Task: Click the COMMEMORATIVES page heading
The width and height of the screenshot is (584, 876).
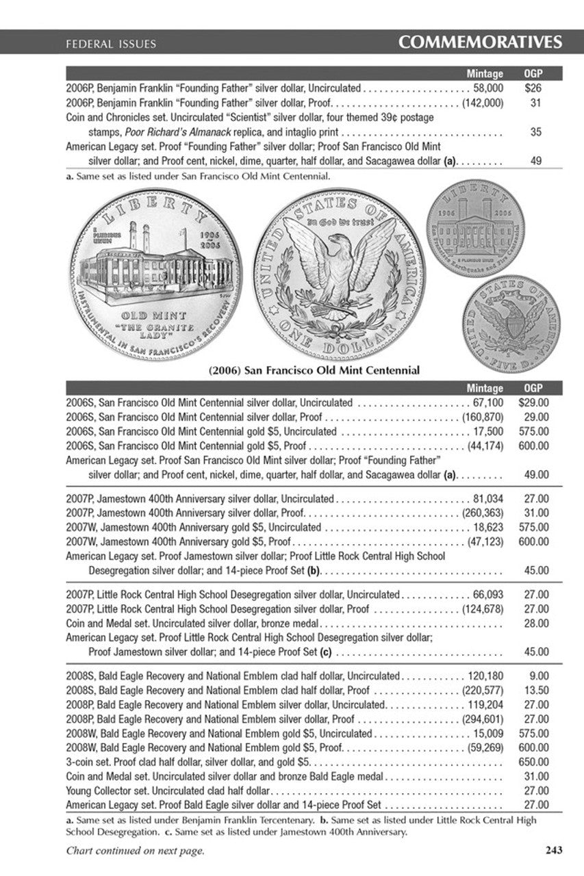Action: [x=480, y=42]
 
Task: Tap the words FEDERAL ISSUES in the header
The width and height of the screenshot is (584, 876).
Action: [x=111, y=44]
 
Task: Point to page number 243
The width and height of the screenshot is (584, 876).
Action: [x=554, y=851]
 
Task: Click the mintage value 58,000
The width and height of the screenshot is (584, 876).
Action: [x=488, y=88]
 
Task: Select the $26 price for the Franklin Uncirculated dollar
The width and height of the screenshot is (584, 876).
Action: [x=533, y=88]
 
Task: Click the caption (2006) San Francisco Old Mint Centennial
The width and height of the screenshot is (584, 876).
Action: [x=314, y=370]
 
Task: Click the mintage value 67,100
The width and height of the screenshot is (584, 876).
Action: [x=488, y=403]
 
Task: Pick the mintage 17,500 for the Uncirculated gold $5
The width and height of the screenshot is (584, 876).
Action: [x=488, y=431]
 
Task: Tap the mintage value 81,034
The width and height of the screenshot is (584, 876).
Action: [x=488, y=499]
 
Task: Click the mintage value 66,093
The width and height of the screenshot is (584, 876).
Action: [x=488, y=594]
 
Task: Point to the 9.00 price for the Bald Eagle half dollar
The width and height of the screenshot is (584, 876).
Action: [x=539, y=675]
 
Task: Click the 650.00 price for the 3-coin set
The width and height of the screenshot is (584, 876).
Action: [x=534, y=761]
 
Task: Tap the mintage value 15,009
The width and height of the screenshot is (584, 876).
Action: [x=488, y=733]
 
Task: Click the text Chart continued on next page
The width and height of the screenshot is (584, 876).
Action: [x=135, y=851]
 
